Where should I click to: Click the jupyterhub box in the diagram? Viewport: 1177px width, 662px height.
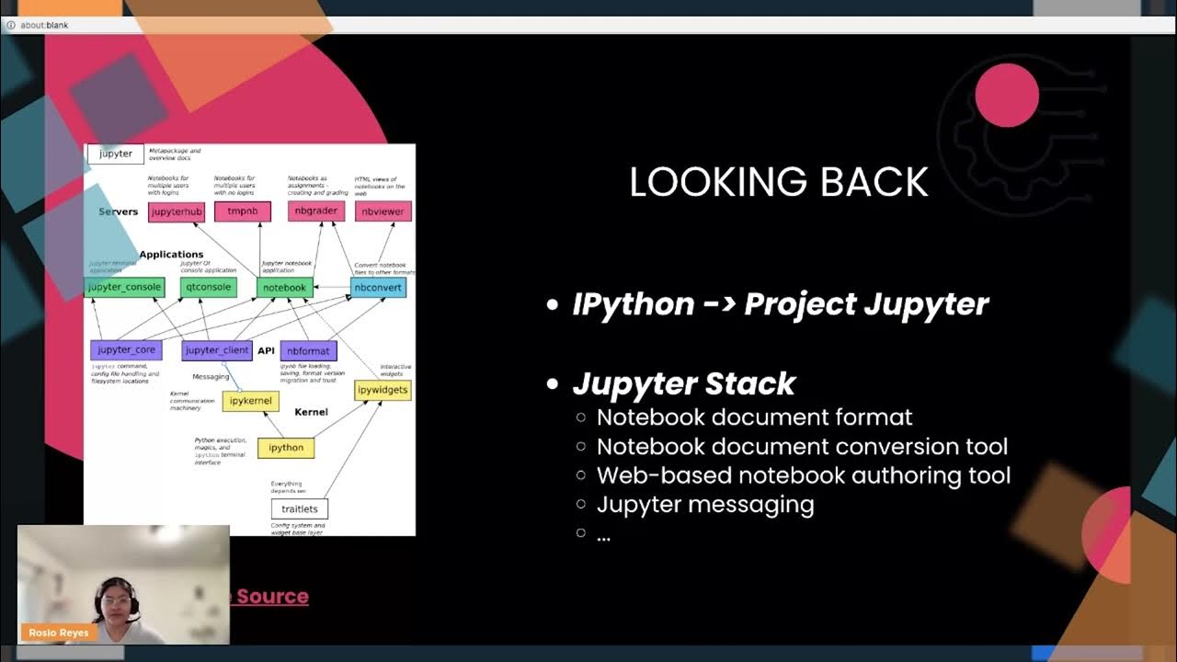coord(177,212)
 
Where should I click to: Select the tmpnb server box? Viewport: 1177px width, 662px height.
coord(243,211)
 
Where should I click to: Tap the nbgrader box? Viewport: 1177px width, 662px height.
coord(316,211)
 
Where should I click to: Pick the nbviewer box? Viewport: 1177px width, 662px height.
coord(383,211)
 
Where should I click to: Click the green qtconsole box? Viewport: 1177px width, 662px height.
coord(209,287)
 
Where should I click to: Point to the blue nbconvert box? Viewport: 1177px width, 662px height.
coord(378,288)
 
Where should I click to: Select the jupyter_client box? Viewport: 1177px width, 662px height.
coord(217,350)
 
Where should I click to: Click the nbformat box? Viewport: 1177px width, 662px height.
coord(309,351)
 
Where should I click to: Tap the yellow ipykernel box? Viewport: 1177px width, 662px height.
coord(250,401)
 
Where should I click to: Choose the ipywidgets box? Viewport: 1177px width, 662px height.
coord(383,390)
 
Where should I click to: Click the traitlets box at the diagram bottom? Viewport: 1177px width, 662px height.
coord(300,508)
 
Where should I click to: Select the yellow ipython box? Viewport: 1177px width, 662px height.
coord(286,448)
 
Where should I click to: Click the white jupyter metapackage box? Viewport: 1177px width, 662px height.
coord(116,154)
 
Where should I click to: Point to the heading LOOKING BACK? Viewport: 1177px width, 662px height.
coord(779,182)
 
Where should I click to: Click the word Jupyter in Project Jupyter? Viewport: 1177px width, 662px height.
coord(931,304)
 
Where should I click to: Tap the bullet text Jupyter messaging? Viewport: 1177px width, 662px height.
coord(705,505)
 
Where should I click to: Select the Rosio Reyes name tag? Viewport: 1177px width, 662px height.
coord(56,633)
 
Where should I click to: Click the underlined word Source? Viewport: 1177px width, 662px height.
coord(272,596)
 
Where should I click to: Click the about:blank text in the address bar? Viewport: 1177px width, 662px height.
coord(44,25)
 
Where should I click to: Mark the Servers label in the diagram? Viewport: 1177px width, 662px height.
coord(119,211)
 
